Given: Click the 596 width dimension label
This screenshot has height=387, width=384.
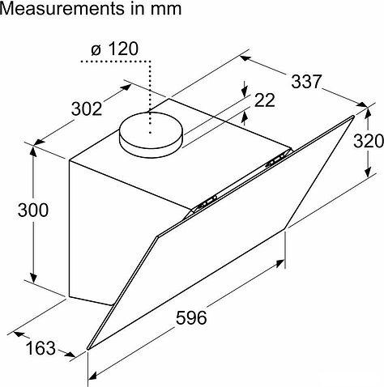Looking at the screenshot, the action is (x=191, y=317).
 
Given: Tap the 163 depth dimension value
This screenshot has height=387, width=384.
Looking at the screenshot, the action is (x=41, y=348).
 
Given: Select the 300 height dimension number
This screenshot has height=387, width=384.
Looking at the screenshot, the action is (x=33, y=210).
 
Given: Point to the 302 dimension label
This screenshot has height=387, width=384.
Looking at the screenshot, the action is (x=87, y=108).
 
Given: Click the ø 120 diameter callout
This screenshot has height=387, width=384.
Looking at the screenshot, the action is (x=115, y=49).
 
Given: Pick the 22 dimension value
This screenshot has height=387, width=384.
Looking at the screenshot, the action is (x=265, y=100).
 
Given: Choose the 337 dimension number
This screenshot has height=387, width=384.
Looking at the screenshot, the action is (x=307, y=81).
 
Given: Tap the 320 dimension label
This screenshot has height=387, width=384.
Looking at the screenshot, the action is (x=369, y=141).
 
